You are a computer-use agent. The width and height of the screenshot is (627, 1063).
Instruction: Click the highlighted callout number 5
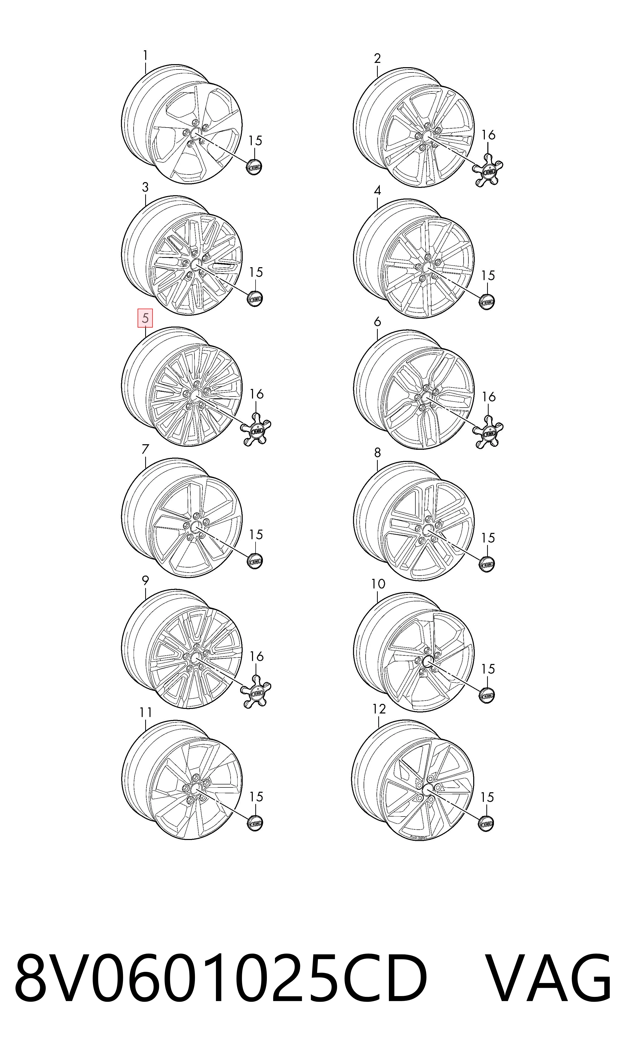[x=145, y=318]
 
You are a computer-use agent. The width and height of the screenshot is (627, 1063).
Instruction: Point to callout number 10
[x=378, y=584]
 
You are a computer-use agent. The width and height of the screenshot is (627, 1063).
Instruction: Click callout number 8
[x=377, y=453]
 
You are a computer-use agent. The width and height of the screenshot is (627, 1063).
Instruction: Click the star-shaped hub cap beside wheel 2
[x=488, y=171]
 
